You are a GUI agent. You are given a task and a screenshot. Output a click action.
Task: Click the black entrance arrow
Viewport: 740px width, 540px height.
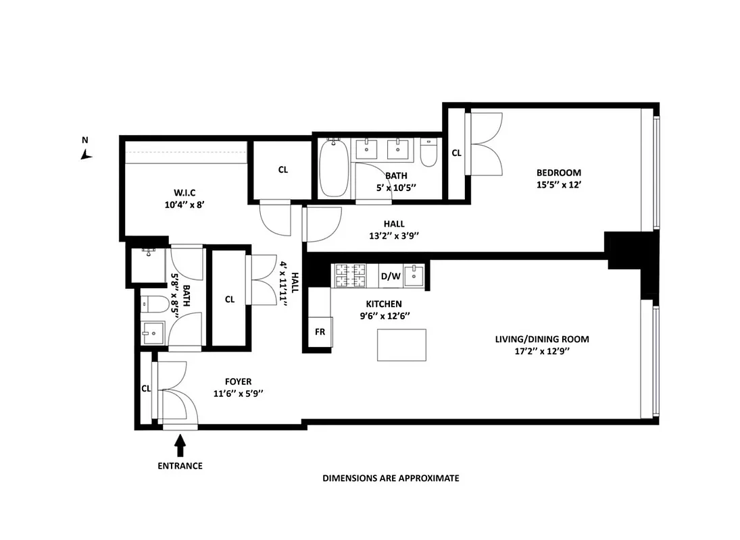point(180,445)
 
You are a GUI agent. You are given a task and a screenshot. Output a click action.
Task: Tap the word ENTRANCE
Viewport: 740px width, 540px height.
point(180,466)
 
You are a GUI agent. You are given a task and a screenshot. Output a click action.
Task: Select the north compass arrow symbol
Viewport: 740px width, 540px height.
point(86,155)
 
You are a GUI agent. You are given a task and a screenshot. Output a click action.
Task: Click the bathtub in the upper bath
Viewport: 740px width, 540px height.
point(334,168)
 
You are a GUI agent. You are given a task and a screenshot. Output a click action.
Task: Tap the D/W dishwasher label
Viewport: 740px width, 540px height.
point(390,276)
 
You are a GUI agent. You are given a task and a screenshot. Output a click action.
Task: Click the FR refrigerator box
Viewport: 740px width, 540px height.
point(320,332)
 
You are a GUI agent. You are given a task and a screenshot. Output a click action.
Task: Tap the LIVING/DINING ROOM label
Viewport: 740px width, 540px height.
point(547,339)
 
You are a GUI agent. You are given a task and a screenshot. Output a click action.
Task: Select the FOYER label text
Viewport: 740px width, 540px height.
point(238,382)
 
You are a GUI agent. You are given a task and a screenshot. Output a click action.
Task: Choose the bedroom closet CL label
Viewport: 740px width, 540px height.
point(456,153)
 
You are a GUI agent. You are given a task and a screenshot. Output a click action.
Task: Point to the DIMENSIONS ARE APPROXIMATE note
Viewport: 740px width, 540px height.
point(391,478)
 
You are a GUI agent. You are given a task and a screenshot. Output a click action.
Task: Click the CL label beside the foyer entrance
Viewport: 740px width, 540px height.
point(146,389)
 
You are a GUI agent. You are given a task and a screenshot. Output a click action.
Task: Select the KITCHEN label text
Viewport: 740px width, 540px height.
point(384,304)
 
